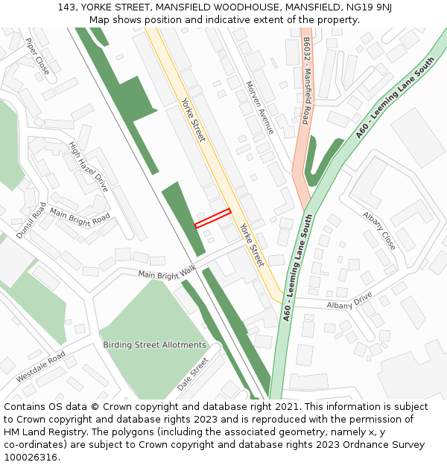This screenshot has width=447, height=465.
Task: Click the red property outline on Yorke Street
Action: click(x=213, y=218)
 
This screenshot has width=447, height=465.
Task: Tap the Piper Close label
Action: click(x=37, y=57)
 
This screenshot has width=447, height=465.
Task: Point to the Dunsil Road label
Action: click(x=31, y=219)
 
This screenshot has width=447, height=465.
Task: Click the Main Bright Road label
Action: click(x=80, y=218)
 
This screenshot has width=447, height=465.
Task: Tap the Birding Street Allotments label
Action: click(x=154, y=345)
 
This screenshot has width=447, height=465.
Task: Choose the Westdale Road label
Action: click(x=41, y=367)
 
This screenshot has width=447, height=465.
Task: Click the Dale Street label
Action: click(x=192, y=374)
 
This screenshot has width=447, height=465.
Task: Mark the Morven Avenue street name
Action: click(x=259, y=107)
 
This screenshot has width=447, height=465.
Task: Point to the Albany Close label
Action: click(x=379, y=230)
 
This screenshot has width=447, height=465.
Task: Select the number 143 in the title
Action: click(x=66, y=7)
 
